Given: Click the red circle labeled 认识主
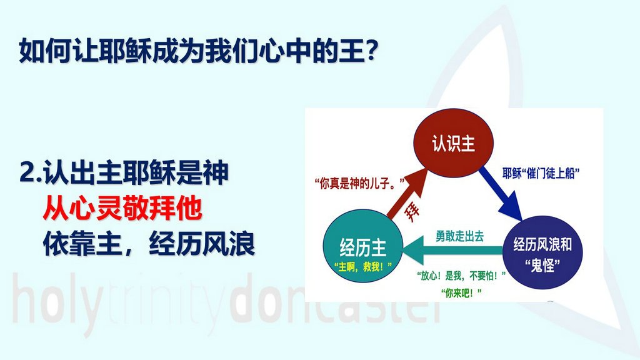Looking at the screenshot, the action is tap(454, 143).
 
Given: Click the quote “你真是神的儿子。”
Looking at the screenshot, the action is tap(359, 183).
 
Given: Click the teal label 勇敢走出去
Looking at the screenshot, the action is tap(459, 236).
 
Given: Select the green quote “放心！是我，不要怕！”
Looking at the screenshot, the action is tap(461, 276).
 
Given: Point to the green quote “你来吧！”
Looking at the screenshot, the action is tap(461, 292).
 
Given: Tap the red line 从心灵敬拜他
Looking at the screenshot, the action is tap(122, 208).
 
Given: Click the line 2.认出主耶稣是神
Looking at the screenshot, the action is tap(124, 172).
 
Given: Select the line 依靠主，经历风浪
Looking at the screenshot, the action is tap(149, 244).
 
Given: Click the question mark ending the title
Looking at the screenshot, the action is tap(370, 51).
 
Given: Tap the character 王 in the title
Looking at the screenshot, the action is tap(350, 51).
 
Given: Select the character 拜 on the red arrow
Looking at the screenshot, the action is tap(412, 211).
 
